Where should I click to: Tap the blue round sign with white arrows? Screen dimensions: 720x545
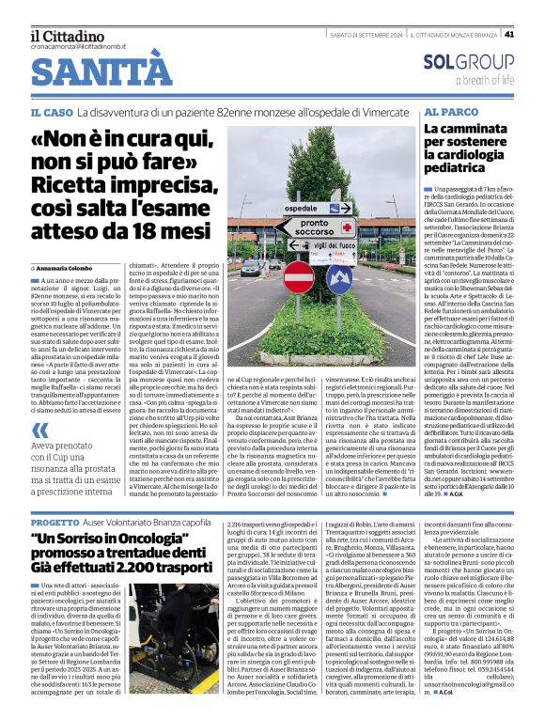(338, 281)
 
